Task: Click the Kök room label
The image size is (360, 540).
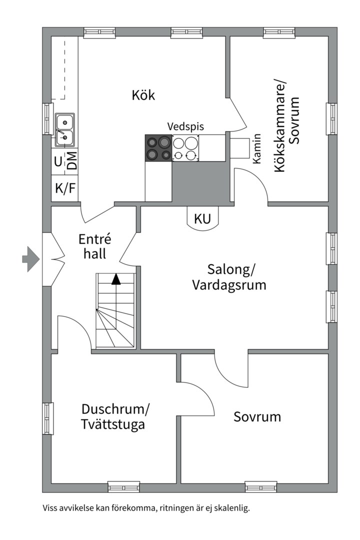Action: pos(143,94)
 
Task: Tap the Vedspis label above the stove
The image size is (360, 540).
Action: pos(185,126)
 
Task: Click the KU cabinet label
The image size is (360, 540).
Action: pos(202,218)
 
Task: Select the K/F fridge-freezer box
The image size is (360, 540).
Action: pos(65,188)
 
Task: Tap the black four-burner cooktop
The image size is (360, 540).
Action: pos(158,148)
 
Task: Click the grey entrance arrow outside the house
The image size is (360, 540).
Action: pos(30,259)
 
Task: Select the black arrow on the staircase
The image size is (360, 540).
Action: pos(116,279)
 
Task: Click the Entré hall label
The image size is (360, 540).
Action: pos(94,246)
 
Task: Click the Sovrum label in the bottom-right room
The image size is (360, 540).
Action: pos(257,416)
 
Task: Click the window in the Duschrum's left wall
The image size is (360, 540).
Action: pos(47,418)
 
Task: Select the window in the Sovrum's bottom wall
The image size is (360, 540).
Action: pos(261,486)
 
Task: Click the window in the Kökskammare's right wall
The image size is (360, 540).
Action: pos(332,119)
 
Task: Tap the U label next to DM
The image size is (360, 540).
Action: pos(58,161)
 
